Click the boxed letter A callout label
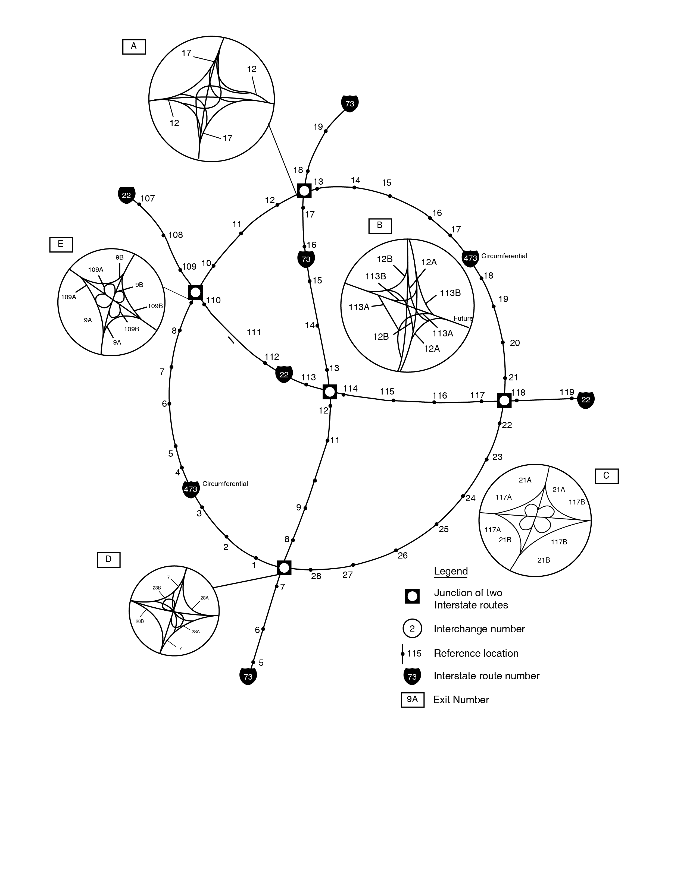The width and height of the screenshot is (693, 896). click(x=134, y=47)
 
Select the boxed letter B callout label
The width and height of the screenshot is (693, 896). click(x=380, y=226)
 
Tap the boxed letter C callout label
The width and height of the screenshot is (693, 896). click(x=606, y=476)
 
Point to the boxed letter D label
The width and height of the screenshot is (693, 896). click(x=108, y=560)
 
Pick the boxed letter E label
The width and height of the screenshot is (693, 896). click(x=61, y=245)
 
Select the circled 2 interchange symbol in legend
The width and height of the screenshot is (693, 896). click(x=412, y=629)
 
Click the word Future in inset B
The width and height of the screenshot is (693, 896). click(x=463, y=318)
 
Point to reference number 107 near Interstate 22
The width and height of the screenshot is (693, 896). click(x=147, y=198)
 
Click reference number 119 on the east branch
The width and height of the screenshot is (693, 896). click(x=567, y=392)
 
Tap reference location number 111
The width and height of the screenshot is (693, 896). click(x=254, y=332)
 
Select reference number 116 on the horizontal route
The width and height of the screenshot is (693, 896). click(x=440, y=396)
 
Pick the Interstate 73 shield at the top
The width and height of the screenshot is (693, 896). click(x=350, y=103)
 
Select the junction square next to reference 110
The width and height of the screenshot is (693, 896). click(x=195, y=292)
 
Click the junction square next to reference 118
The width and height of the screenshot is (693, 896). click(x=504, y=400)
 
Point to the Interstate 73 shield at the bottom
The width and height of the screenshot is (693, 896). click(x=248, y=677)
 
